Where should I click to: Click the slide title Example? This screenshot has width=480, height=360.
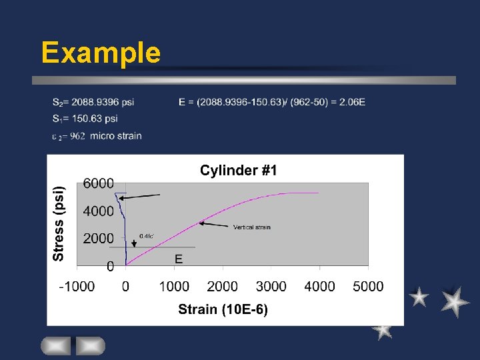coord(101,52)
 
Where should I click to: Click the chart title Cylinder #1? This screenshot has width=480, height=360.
coord(238,171)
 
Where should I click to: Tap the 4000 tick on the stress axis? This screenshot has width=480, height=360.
coord(99,211)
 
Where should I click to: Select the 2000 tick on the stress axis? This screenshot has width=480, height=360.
coord(99,239)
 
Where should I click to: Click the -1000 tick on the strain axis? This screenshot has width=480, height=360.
coord(77,287)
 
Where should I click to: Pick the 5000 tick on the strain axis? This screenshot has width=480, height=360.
coord(368,287)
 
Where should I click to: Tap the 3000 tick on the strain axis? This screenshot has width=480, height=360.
coord(271,287)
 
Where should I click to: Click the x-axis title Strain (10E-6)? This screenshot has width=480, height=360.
coord(223,310)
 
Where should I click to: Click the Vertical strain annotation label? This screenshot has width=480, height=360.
coord(251,227)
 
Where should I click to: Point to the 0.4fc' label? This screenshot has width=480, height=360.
coord(147,235)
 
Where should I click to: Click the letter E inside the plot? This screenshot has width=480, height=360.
coord(179,259)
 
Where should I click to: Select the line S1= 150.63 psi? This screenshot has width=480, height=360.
coord(85,119)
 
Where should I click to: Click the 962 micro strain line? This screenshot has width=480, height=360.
coord(97,136)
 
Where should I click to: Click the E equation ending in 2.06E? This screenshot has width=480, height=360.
coord(272,102)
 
